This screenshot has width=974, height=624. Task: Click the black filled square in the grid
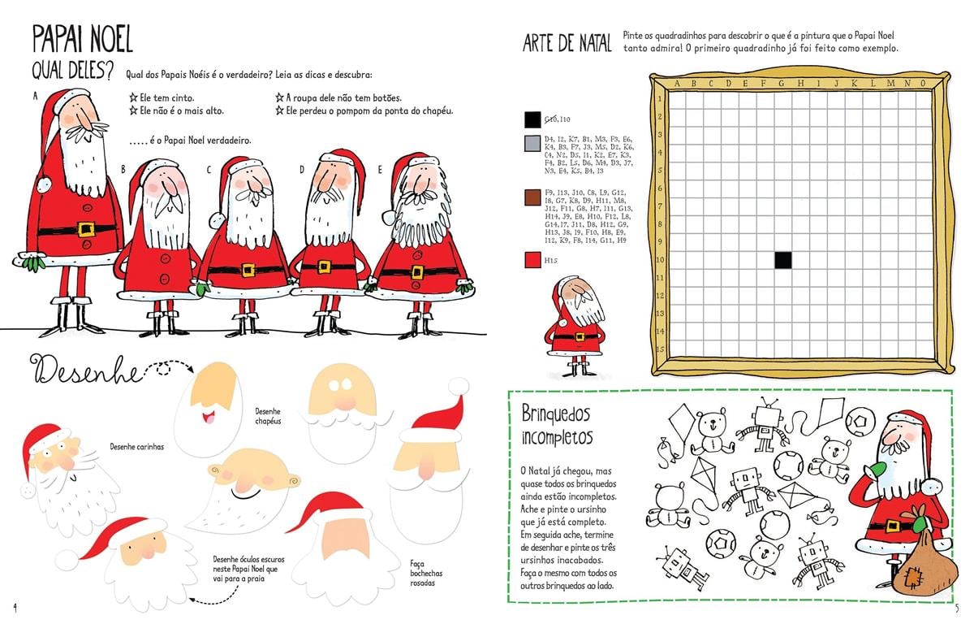782,260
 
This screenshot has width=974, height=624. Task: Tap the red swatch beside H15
532,261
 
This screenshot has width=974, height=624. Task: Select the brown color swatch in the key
532,196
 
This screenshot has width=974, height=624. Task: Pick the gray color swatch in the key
532,143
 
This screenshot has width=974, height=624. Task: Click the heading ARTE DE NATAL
567,44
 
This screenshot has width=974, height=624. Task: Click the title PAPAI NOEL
82,39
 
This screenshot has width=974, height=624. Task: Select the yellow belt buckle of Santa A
87,229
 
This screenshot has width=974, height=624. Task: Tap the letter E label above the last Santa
380,170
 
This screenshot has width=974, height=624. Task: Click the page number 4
15,607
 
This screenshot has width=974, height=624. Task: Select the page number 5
958,607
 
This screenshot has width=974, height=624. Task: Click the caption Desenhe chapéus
268,416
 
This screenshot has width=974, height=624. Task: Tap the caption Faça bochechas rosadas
417,573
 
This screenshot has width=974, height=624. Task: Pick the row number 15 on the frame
661,349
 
